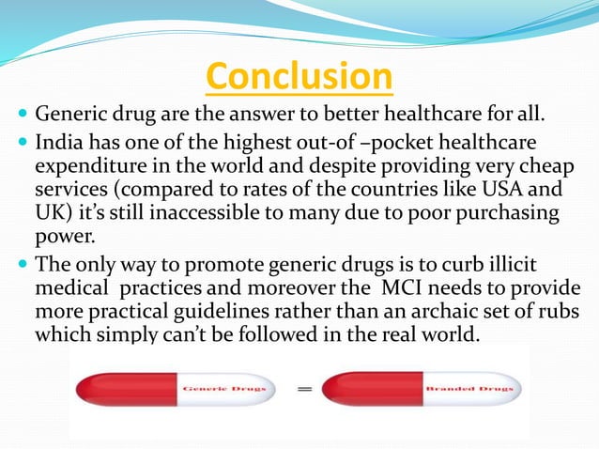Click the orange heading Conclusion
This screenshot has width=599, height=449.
tap(299, 78)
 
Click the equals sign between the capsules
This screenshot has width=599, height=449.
tap(306, 389)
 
